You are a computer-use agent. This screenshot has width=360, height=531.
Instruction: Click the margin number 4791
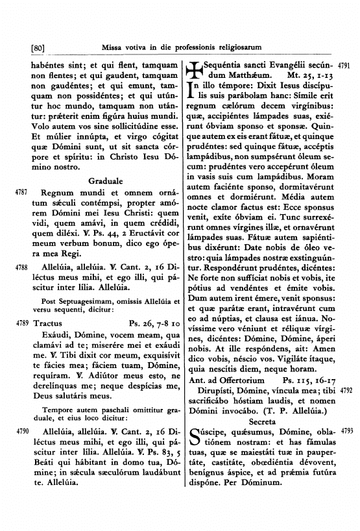345,66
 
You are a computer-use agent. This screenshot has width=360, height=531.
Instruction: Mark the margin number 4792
345,391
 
